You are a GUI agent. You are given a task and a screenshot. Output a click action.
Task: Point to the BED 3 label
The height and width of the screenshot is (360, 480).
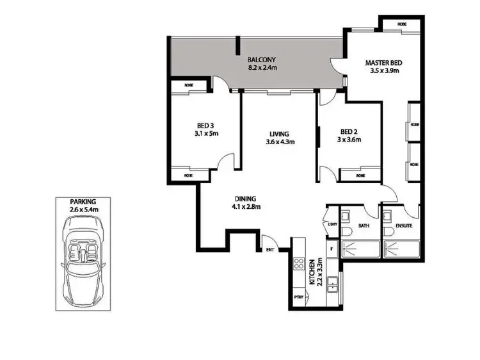pos(205,126)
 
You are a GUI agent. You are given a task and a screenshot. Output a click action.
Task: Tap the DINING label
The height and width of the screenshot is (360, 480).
pos(246,198)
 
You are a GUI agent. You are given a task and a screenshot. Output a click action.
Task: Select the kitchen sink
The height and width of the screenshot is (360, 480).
pos(332,283)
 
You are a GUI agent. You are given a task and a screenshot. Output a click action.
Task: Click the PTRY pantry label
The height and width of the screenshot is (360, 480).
pos(298,298)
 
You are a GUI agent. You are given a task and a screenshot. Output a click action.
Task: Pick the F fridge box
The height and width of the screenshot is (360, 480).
pos(331,247)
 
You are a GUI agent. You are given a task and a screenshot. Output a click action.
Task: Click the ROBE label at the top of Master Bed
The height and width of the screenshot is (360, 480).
pos(401,24)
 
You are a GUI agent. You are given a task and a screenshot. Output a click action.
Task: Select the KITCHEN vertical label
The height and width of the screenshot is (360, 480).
pos(312,273)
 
